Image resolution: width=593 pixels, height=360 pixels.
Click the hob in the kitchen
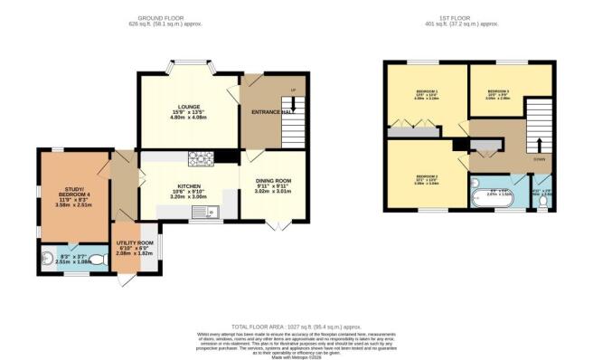click(x=199, y=159)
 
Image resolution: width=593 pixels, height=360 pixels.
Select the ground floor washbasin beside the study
click(x=47, y=257)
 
